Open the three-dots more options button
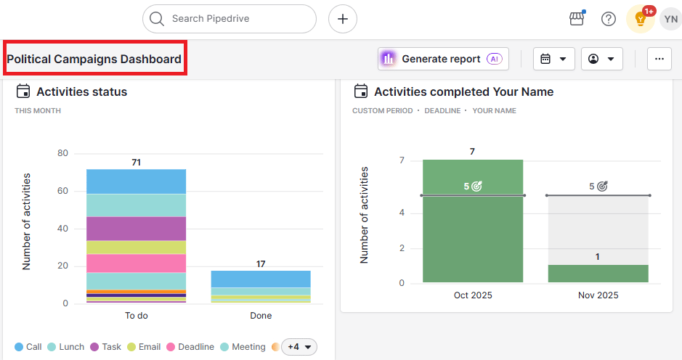(659, 59)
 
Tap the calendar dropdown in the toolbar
(553, 59)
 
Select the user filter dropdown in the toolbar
(601, 59)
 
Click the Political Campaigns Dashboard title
(94, 60)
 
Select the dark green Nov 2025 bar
(598, 274)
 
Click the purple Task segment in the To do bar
(136, 229)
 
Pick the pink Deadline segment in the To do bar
(136, 263)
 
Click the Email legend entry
(144, 347)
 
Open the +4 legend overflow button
(299, 347)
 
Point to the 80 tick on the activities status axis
(62, 153)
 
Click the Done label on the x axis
(261, 316)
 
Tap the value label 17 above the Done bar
(261, 264)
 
